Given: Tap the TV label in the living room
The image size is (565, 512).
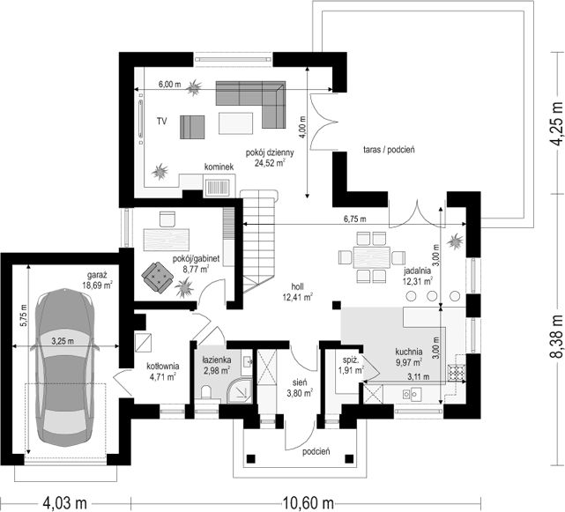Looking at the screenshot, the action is [162, 122].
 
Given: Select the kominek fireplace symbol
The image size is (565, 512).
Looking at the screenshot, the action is [218, 188].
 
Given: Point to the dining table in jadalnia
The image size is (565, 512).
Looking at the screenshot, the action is [372, 257].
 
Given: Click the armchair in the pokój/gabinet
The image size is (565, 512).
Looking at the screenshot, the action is [157, 277].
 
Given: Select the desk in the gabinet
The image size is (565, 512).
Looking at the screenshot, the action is [167, 239].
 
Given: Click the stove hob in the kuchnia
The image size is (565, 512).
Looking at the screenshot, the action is [457, 373].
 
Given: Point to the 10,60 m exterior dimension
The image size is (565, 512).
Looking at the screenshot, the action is [309, 502].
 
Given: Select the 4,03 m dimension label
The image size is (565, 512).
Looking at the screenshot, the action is [65, 502].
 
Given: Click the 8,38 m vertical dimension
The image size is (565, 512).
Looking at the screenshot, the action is [556, 336].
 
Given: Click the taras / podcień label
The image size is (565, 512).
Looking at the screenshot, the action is [389, 150].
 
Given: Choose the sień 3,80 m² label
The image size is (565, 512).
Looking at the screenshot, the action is [300, 388].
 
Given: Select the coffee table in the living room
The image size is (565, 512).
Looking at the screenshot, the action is [235, 122].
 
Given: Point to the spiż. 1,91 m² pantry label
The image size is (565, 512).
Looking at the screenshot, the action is [352, 365].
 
